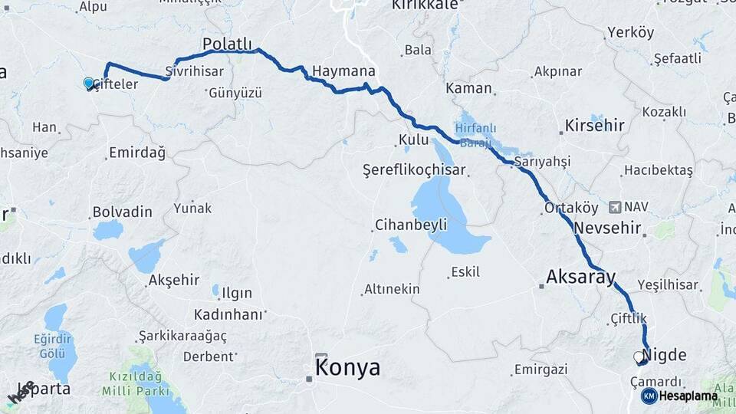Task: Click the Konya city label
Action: pos(347,368)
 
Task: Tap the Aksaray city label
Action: pos(581,277)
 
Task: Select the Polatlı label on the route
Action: pos(227,45)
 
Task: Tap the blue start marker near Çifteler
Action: pos(89,83)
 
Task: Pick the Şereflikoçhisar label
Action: pos(414,169)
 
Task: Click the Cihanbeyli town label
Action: pos(410,225)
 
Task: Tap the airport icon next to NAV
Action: pos(615,207)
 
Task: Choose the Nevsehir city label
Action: pos(606,228)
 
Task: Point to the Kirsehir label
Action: pos(594,125)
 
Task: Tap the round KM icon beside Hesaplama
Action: pos(649,396)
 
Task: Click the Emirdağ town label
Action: pos(137,153)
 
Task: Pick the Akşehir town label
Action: pos(174,280)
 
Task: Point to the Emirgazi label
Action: pos(541,370)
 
